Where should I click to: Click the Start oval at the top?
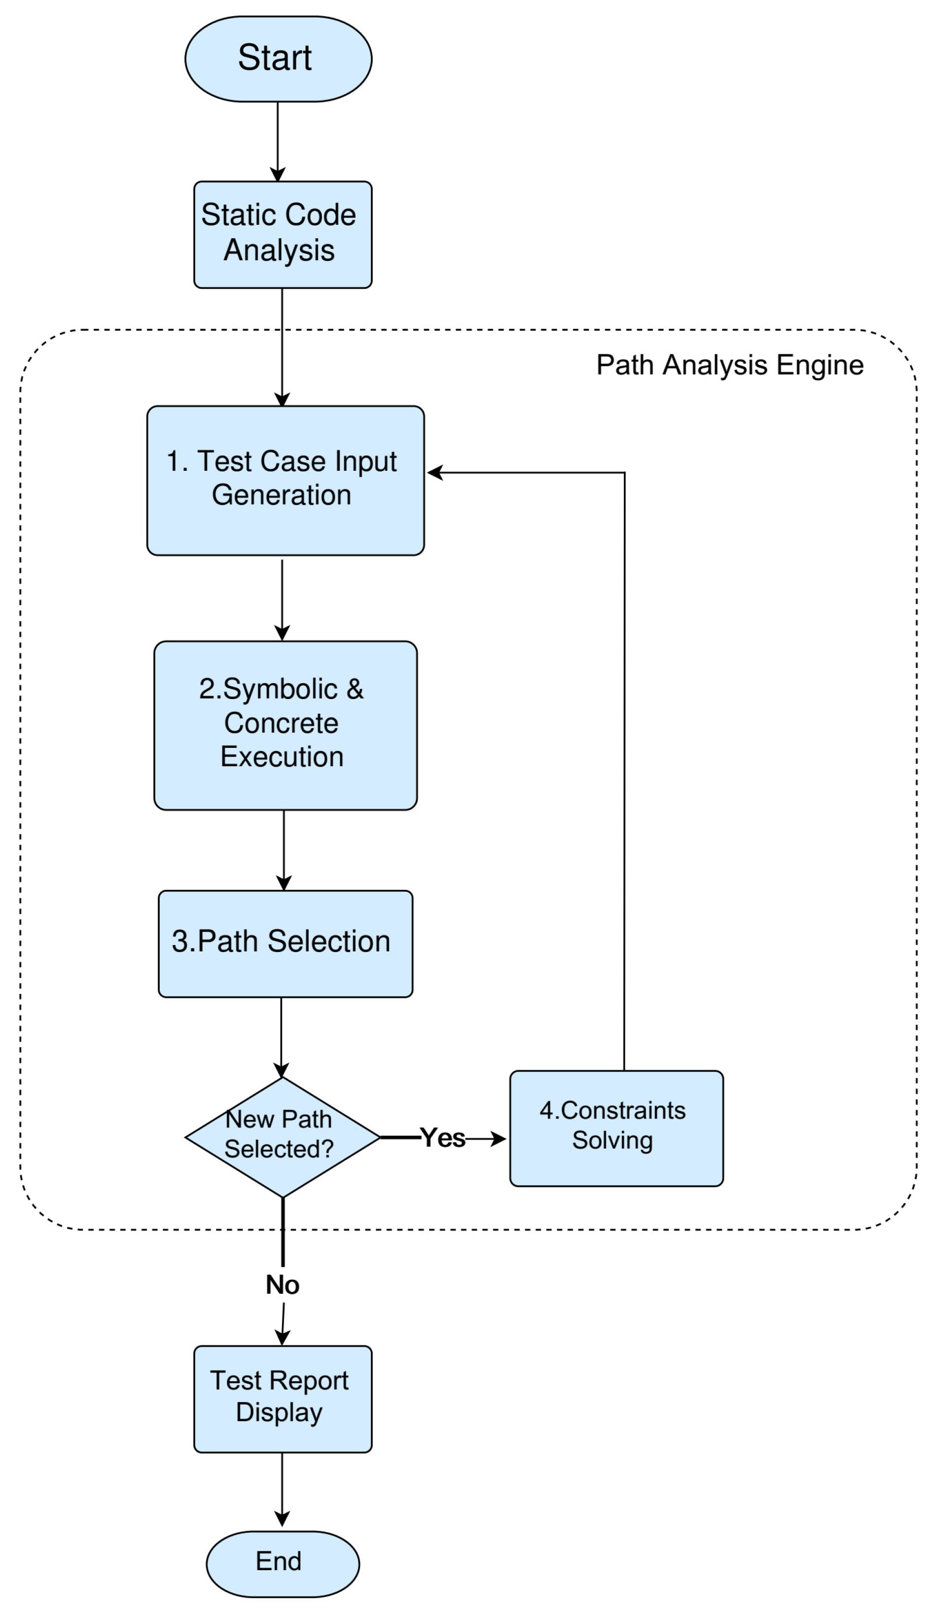coord(278,58)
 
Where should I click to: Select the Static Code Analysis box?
coord(282,234)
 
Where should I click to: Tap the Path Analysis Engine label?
coord(729,365)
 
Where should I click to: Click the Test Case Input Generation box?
coord(285,480)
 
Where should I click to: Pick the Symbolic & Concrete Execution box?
coord(285,725)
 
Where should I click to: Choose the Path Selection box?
coord(285,943)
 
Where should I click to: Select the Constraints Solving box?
coord(616,1128)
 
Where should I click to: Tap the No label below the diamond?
coord(282,1284)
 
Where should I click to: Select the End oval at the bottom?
coord(282,1563)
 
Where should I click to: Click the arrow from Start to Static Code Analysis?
coord(278,141)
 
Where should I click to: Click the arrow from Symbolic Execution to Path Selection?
coord(284,850)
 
